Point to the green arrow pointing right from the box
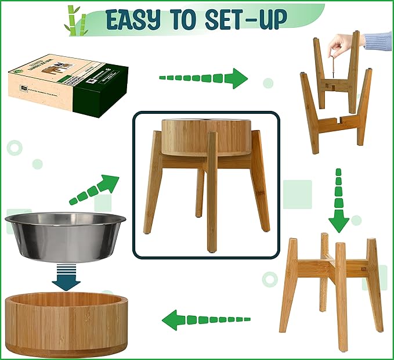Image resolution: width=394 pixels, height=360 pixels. coord(203,78)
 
